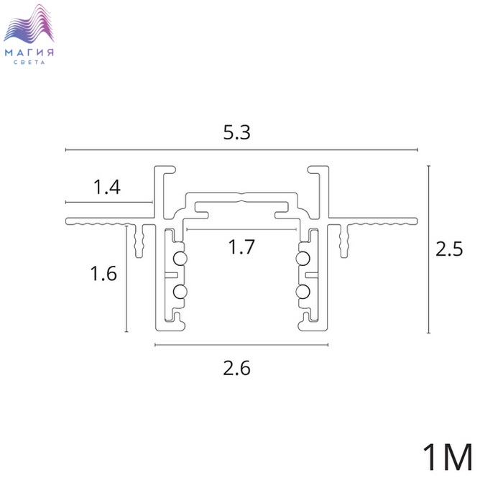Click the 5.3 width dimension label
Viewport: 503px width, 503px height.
click(236, 132)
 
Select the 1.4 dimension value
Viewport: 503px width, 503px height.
click(107, 188)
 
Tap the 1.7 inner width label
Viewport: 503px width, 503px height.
click(241, 247)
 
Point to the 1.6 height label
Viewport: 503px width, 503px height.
click(103, 274)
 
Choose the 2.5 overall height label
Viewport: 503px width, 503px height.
click(449, 249)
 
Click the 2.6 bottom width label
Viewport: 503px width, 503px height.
click(236, 368)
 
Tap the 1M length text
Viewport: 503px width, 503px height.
click(448, 457)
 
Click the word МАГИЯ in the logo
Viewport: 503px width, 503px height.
click(29, 52)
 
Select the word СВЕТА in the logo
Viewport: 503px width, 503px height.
click(29, 63)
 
